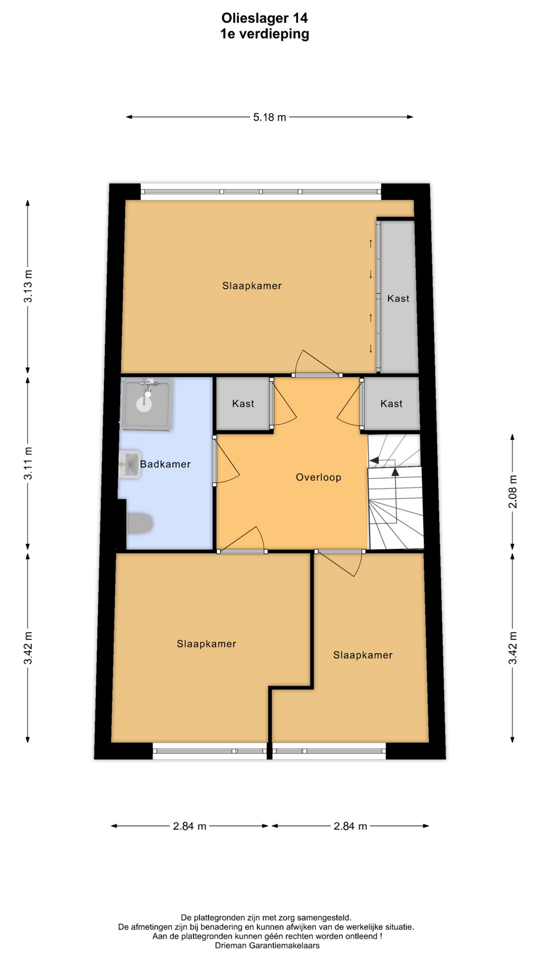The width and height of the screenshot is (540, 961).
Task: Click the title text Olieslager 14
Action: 264,19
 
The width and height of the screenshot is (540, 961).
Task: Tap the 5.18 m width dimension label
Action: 269,117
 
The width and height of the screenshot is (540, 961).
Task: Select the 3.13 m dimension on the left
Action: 28,286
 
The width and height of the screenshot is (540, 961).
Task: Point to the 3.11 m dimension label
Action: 28,463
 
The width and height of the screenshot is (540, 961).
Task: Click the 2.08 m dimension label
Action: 512,491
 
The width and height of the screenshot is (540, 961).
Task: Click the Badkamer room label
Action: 165,464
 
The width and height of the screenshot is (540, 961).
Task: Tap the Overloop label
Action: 318,477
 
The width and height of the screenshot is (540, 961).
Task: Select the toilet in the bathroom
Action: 139,524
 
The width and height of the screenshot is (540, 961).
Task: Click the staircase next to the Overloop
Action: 395,492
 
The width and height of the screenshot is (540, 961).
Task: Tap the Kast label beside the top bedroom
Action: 398,299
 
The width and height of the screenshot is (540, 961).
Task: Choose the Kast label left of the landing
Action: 243,404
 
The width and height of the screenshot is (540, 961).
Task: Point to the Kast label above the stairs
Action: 391,404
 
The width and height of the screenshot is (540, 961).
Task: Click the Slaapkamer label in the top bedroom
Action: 252,286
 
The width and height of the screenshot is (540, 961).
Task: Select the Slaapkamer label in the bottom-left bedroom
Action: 206,644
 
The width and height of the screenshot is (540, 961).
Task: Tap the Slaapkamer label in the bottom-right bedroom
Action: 363,655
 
